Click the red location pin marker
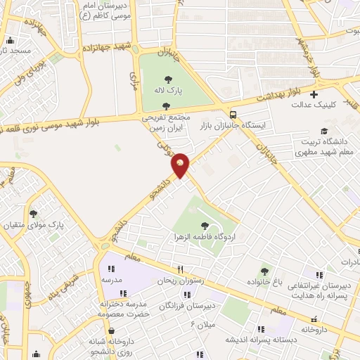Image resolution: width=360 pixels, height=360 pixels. [180, 165]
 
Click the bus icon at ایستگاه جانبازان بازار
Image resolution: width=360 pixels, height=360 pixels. [233, 115]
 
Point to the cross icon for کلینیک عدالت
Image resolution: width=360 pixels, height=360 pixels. [314, 94]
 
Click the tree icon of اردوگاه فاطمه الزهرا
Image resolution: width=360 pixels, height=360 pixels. [205, 226]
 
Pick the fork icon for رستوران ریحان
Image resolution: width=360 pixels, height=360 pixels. [181, 269]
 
